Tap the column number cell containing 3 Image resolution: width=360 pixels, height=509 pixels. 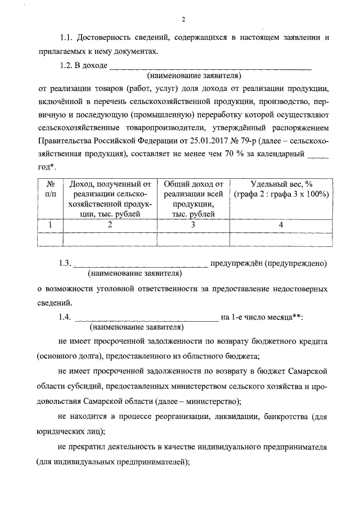click(193, 224)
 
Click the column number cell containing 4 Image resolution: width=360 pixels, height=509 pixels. click(281, 224)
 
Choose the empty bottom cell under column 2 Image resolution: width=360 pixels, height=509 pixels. click(110, 238)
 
